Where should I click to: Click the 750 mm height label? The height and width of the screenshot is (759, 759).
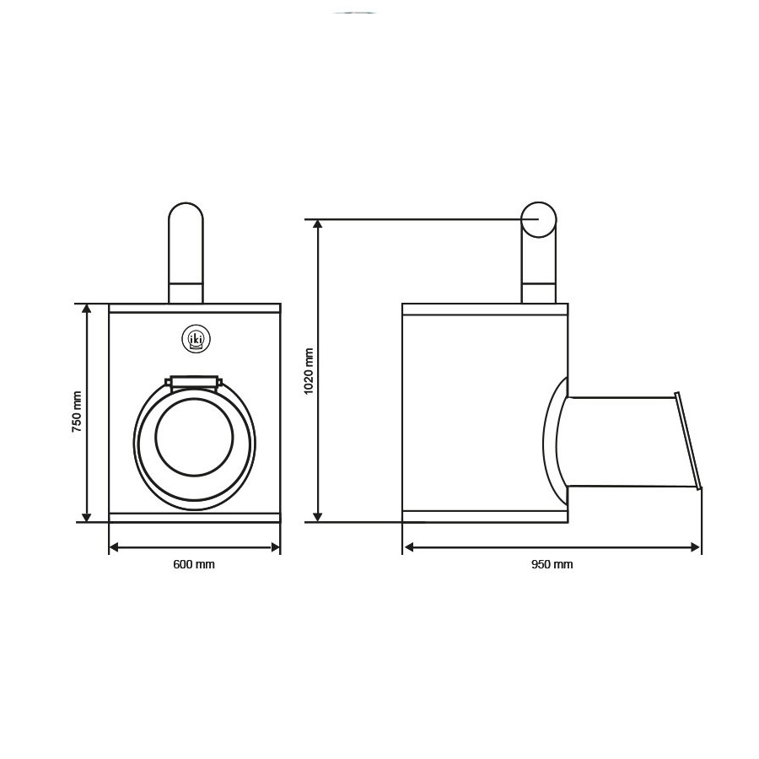coord(77,412)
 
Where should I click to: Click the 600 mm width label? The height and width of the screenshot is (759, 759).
coord(194,564)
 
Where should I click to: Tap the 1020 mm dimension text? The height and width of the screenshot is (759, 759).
coord(309,371)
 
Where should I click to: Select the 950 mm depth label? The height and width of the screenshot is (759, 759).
coord(552,564)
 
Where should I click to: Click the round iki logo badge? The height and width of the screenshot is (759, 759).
coord(196,339)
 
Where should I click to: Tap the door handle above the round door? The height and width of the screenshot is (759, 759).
coord(194,382)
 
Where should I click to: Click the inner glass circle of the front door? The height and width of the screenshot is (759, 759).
coord(194,437)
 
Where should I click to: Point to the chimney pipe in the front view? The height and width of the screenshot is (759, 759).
coord(186,253)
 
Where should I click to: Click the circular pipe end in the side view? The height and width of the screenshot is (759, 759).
coord(539,220)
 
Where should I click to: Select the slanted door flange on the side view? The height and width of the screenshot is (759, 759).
coord(688,440)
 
